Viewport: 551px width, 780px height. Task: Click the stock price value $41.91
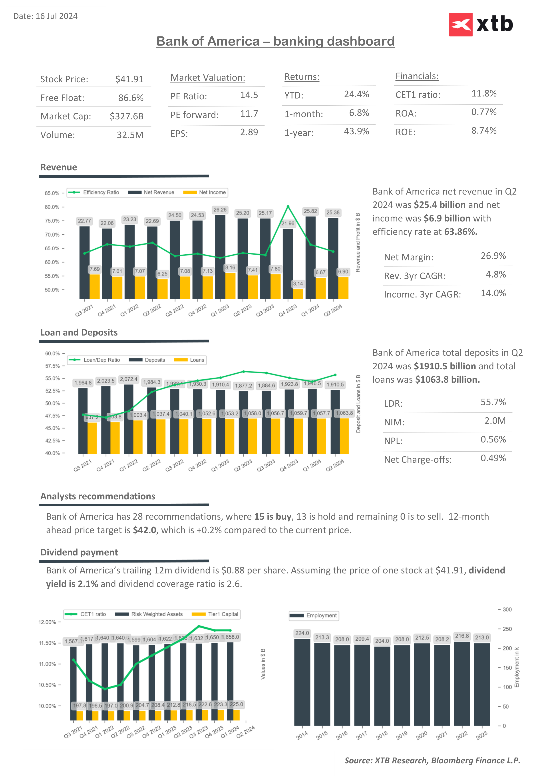coord(129,79)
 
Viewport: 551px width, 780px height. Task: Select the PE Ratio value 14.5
coord(249,95)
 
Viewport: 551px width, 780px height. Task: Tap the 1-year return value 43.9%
coord(356,131)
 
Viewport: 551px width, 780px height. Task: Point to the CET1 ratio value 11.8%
coord(484,93)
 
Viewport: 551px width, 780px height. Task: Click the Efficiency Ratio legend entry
coord(94,192)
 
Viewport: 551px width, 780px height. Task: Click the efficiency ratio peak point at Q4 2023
coord(288,207)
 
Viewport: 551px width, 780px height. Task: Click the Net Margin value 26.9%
coord(493,256)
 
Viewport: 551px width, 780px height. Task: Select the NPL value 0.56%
coord(493,440)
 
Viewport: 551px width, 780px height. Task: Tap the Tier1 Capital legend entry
coord(216,614)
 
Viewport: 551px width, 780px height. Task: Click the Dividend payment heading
coord(79,552)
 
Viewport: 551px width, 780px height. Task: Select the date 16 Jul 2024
coord(56,16)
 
